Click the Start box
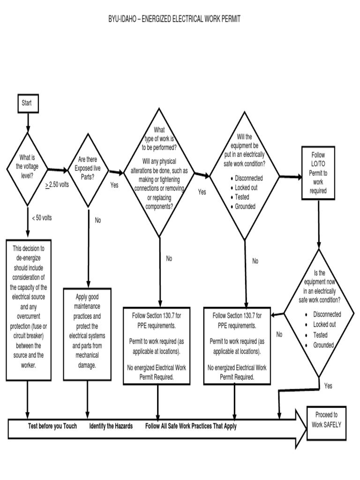(x=28, y=103)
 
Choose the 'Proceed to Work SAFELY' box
(x=326, y=420)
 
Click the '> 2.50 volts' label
(x=57, y=185)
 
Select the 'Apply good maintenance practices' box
(x=87, y=330)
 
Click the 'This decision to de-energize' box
(x=28, y=309)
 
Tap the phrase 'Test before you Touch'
(x=52, y=426)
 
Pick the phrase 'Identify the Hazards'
(x=111, y=426)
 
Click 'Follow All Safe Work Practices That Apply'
(x=191, y=426)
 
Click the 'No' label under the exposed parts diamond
(x=98, y=220)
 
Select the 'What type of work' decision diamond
(x=159, y=171)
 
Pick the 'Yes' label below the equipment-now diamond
(x=328, y=386)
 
